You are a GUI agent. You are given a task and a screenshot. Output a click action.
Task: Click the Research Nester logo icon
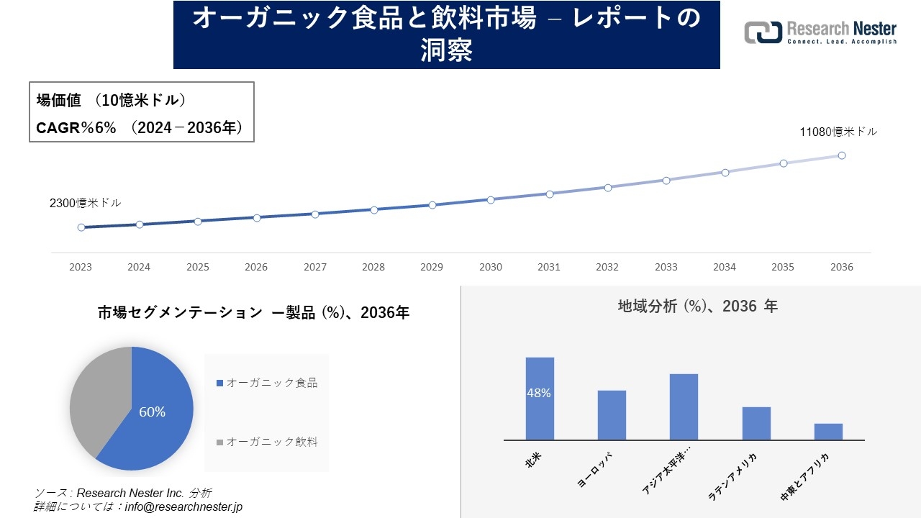(x=763, y=32)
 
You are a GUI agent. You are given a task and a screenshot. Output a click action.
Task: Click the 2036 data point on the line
(x=841, y=155)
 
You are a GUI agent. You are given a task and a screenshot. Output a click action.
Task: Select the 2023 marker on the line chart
(x=81, y=227)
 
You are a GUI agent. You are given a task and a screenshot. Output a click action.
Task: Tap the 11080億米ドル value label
(x=838, y=132)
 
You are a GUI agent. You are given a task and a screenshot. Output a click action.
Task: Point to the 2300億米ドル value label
(x=85, y=203)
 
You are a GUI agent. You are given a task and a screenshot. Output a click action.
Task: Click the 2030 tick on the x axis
(x=491, y=267)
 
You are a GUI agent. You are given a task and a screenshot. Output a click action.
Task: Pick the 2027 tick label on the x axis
(x=314, y=267)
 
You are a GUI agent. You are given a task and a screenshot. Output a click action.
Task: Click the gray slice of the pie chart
(x=97, y=399)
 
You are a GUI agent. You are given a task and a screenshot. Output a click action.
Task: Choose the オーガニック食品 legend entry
(x=267, y=383)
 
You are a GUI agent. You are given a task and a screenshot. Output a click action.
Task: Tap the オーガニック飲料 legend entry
(x=267, y=442)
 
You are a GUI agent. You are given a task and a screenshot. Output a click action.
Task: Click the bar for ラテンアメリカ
(x=756, y=424)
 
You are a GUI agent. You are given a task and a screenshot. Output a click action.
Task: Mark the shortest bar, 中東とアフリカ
(x=828, y=432)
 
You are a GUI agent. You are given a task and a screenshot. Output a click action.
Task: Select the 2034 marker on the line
(x=725, y=173)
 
